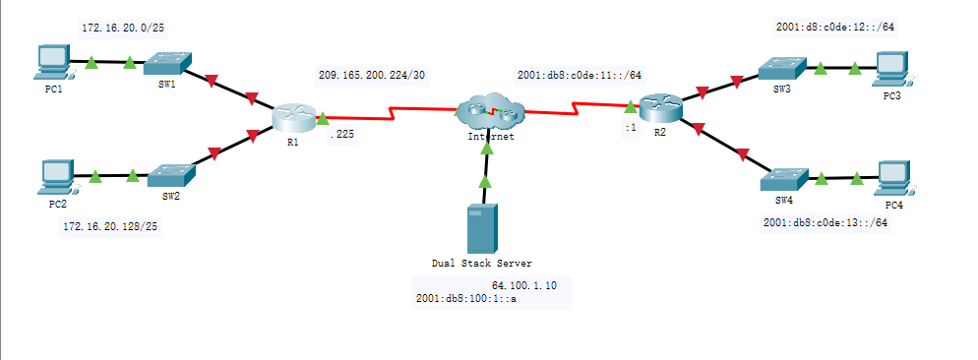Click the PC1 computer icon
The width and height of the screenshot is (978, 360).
click(49, 62)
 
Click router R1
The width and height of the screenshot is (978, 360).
click(292, 118)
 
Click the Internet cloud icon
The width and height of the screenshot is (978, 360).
click(489, 113)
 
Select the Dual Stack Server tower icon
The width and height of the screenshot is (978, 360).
click(482, 228)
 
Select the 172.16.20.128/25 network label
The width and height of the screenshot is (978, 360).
click(109, 226)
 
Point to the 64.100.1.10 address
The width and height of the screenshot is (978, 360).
click(524, 284)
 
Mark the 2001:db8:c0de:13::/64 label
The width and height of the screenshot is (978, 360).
click(825, 222)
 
